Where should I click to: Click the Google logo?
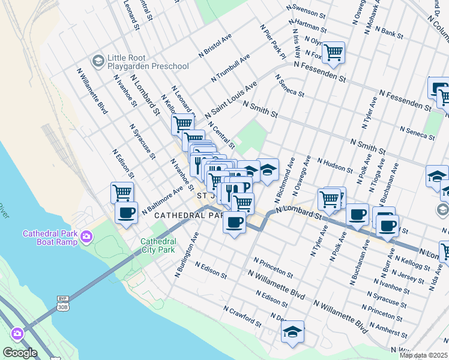[x=20, y=353]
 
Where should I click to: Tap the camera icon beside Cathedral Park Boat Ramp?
[x=87, y=236]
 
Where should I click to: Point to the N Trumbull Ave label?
[x=230, y=69]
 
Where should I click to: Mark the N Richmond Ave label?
[x=285, y=180]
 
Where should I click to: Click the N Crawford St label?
[x=242, y=316]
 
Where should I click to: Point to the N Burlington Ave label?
[x=186, y=256]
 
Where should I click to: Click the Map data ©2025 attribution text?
[x=424, y=355]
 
